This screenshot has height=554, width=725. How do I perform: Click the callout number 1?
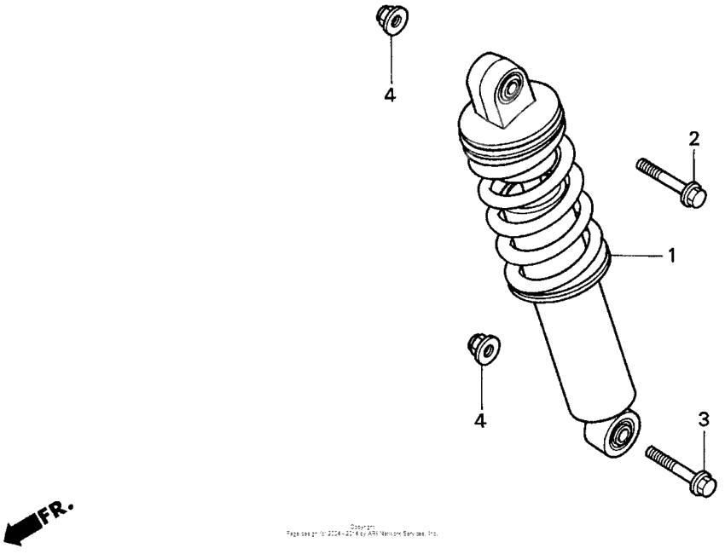pyautogui.click(x=671, y=255)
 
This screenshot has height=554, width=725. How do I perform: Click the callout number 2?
pyautogui.click(x=694, y=139)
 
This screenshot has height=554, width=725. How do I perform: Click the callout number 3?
pyautogui.click(x=704, y=418)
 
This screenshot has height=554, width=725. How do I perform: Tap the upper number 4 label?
pyautogui.click(x=390, y=95)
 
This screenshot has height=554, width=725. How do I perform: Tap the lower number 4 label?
pyautogui.click(x=480, y=421)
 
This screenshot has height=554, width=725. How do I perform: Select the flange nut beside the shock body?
pyautogui.click(x=484, y=348)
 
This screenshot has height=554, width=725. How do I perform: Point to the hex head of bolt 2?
pyautogui.click(x=694, y=195)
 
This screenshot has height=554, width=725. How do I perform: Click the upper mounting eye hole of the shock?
pyautogui.click(x=512, y=87)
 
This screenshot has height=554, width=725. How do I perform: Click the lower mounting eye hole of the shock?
pyautogui.click(x=622, y=432)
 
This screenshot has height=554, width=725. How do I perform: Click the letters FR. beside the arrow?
pyautogui.click(x=61, y=508)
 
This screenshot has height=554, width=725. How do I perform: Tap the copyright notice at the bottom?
pyautogui.click(x=362, y=530)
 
